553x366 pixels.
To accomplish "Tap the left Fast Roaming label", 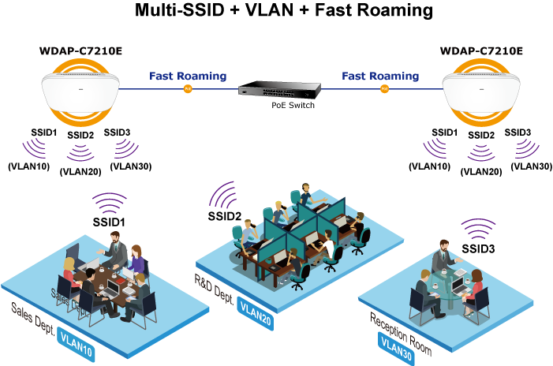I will click(188, 77).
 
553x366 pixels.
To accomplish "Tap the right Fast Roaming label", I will click(380, 77).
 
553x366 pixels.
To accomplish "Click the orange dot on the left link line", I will click(188, 89).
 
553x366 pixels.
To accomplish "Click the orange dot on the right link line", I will click(384, 89).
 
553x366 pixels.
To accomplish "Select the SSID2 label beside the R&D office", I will click(224, 215).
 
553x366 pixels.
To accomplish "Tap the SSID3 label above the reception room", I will click(479, 249).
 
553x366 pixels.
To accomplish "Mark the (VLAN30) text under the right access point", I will click(531, 166).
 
